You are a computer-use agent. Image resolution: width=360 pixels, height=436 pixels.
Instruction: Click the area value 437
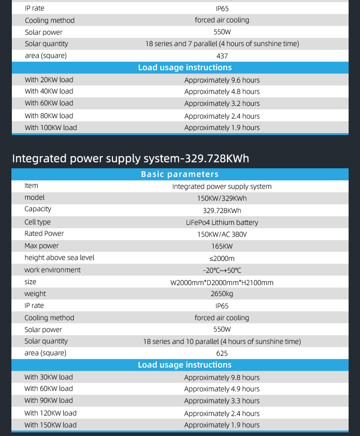pos(222,56)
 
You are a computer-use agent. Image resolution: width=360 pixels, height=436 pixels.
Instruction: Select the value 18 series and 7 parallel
pos(222,44)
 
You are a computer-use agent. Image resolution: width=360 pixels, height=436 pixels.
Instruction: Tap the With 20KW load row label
pos(49,80)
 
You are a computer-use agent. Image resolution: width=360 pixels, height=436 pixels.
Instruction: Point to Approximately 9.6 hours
pos(222,80)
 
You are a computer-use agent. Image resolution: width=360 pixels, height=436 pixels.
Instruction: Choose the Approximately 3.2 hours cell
pos(222,104)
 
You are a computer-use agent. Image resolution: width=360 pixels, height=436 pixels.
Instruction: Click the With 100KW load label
pos(51,128)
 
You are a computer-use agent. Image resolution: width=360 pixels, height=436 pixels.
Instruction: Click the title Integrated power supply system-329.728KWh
pos(130,159)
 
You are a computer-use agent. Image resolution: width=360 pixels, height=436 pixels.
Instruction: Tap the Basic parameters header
pos(180,174)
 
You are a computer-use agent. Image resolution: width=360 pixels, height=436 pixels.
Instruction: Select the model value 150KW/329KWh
pos(222,198)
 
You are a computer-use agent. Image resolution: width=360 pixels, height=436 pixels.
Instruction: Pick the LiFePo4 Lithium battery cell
pos(222,223)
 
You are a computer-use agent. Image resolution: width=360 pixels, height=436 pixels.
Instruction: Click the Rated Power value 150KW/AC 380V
pos(222,234)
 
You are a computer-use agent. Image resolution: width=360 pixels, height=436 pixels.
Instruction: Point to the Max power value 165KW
pos(222,246)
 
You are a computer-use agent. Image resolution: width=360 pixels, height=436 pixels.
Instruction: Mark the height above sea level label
pos(59,258)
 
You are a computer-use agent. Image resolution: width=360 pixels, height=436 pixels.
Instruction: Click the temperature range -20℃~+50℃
pos(222,270)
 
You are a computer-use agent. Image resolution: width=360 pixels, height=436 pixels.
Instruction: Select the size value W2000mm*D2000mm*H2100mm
pos(222,283)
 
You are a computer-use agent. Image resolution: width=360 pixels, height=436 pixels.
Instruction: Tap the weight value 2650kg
pos(222,294)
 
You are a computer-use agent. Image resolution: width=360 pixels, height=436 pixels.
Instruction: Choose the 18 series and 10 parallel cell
pos(222,342)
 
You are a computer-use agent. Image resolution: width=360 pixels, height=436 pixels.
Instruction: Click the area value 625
pos(222,353)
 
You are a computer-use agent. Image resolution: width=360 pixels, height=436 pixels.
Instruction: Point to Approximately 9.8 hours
pos(222,378)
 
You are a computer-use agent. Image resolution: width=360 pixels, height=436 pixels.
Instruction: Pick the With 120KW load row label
pos(50,413)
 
